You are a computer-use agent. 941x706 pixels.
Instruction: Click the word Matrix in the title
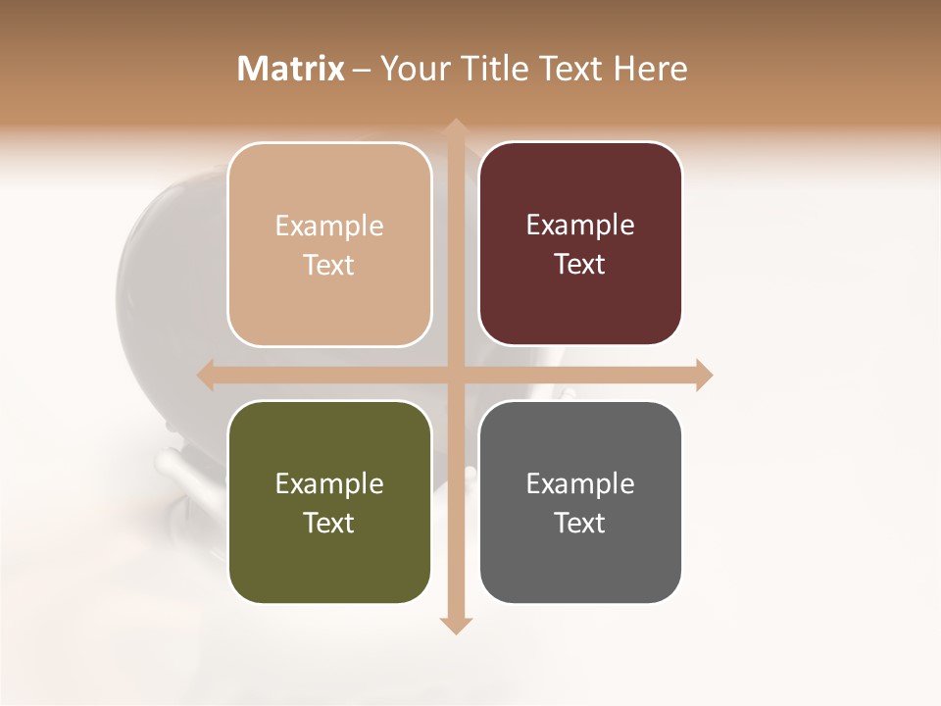point(291,69)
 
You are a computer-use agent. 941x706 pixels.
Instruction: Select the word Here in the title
point(650,69)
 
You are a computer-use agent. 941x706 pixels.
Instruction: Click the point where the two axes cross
point(454,376)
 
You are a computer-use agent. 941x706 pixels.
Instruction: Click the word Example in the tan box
point(329,227)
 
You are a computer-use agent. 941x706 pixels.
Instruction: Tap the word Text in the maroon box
point(580,265)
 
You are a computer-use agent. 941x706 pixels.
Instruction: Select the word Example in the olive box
point(329,484)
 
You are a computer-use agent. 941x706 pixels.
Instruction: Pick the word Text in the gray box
point(580,523)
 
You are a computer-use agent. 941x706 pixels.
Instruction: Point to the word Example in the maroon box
point(580,226)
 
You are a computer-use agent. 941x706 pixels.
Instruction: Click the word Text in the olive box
point(329,523)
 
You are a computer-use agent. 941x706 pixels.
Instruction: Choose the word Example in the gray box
point(580,484)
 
